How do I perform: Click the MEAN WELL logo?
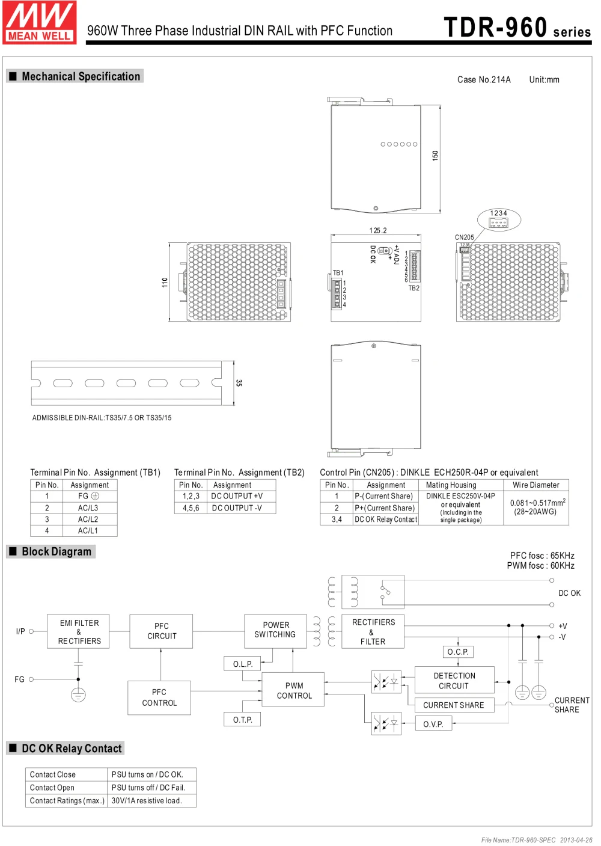[x=40, y=22]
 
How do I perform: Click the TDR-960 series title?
[x=516, y=28]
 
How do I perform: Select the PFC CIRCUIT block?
[x=161, y=631]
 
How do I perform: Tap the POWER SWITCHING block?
[x=275, y=630]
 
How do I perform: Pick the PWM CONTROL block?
[x=294, y=690]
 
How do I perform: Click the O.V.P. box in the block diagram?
[x=433, y=723]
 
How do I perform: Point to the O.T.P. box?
[x=243, y=719]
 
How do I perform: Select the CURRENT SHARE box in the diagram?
[x=454, y=705]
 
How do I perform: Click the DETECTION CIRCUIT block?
[x=454, y=681]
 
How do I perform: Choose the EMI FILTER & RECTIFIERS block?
[x=79, y=631]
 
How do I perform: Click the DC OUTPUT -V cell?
[x=237, y=508]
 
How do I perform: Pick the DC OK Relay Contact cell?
[x=385, y=520]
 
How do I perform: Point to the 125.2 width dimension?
[x=378, y=230]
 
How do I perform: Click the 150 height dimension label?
[x=435, y=155]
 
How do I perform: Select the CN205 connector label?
[x=464, y=238]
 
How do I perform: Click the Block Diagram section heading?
[x=56, y=551]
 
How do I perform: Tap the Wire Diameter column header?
[x=535, y=485]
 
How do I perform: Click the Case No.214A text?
[x=484, y=79]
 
